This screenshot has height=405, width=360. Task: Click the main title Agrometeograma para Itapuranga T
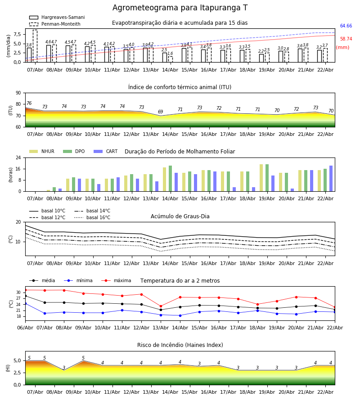[180, 8]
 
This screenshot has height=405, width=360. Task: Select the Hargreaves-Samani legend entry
[57, 17]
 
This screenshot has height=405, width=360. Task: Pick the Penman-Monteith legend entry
[55, 24]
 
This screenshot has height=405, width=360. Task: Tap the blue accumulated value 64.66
[346, 26]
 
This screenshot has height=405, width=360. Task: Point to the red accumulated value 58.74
[346, 39]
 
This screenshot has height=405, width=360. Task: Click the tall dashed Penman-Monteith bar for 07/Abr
[35, 46]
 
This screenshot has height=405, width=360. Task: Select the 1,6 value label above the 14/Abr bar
[170, 54]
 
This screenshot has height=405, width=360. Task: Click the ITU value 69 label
[160, 112]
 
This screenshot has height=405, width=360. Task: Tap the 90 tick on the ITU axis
[18, 93]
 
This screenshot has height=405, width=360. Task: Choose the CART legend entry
[105, 151]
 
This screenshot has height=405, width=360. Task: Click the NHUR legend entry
[41, 151]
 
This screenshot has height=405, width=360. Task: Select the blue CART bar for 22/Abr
[331, 179]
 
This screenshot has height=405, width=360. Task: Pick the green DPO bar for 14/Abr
[170, 179]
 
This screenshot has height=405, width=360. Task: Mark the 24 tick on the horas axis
[18, 157]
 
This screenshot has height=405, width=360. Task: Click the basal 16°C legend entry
[92, 217]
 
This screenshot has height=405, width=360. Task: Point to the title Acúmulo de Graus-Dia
[180, 216]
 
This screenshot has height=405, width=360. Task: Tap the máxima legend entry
[116, 280]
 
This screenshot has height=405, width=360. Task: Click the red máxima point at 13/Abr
[161, 306]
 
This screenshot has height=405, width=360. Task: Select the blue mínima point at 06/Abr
[25, 303]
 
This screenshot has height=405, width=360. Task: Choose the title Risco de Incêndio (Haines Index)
[180, 345]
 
